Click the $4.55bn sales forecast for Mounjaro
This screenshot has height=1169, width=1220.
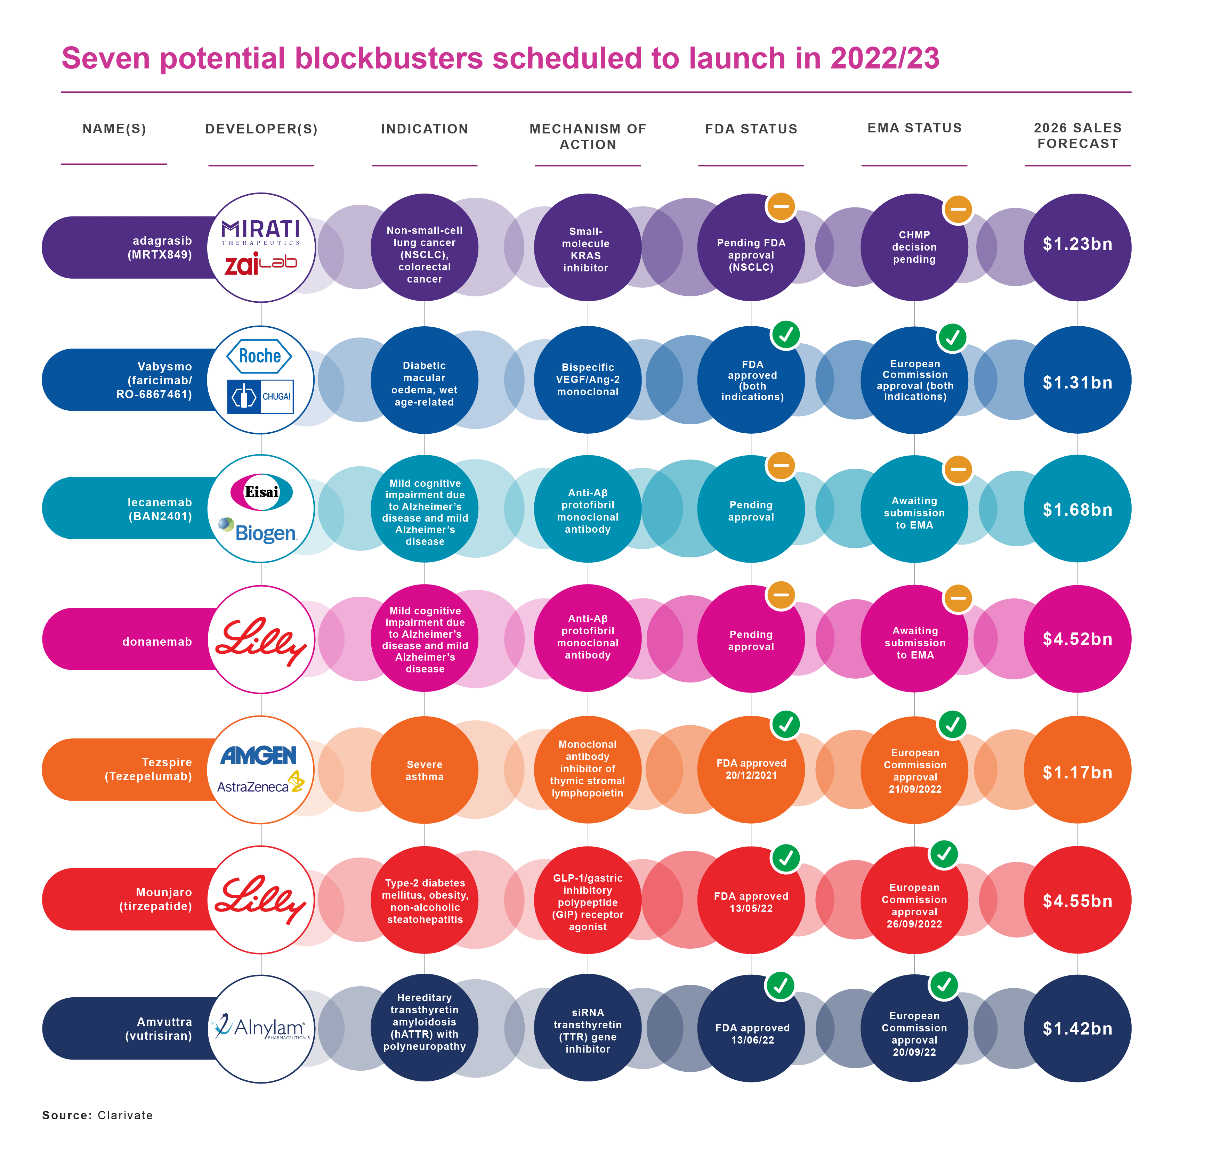[1077, 901]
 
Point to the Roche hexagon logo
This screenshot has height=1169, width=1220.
[260, 356]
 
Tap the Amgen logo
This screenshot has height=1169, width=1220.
[258, 755]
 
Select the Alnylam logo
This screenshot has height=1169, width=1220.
[261, 1028]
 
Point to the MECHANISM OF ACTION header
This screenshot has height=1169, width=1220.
[588, 136]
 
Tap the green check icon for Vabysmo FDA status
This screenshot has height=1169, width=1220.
[786, 335]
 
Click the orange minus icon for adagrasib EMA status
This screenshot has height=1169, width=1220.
[958, 209]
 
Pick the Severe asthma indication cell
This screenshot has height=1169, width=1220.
[425, 770]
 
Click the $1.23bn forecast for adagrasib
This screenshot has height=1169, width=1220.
[1077, 244]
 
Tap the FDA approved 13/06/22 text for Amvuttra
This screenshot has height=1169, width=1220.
[752, 1034]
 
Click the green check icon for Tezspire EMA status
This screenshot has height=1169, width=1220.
[952, 724]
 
